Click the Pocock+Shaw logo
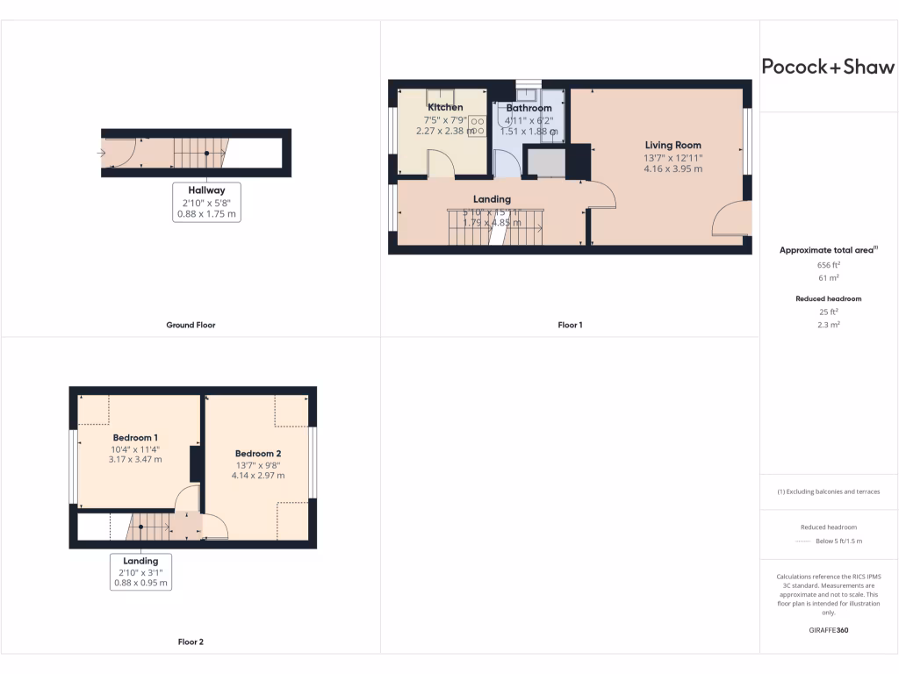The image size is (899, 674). [x=828, y=67]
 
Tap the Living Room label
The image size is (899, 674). [x=673, y=145]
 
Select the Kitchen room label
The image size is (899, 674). [x=445, y=107]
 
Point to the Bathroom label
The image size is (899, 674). [x=529, y=108]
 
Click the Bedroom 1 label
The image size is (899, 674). [x=135, y=437]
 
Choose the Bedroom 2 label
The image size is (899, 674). [x=257, y=453]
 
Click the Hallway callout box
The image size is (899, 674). [x=206, y=202]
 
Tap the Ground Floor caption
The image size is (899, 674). [x=191, y=325]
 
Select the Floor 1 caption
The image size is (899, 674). [x=570, y=325]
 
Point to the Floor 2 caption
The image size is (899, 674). [x=191, y=642]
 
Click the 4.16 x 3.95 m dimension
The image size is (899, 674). [x=673, y=168]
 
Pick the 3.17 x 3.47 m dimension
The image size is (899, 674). [x=135, y=459]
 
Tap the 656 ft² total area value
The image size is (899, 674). [x=828, y=264]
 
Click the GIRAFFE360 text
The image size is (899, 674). [x=828, y=630]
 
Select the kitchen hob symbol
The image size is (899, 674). [x=478, y=126]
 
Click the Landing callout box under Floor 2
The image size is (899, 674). [x=140, y=571]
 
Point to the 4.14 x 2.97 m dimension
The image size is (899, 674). [x=257, y=475]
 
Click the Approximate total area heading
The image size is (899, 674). [x=828, y=250]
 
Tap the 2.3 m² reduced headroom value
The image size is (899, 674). [x=828, y=325]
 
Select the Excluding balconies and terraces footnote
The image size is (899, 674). [x=828, y=491]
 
